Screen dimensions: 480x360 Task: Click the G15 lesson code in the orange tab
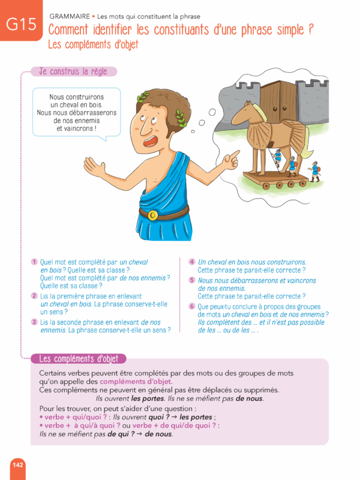coord(21,25)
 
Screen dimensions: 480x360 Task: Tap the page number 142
coord(17,464)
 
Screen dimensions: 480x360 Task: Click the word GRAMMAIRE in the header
coord(71,16)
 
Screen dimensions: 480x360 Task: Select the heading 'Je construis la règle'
coord(73,71)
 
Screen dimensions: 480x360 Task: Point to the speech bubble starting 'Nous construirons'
coord(76,113)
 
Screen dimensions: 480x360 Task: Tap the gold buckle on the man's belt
coord(154,214)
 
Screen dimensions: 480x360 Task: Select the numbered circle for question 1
coord(35,262)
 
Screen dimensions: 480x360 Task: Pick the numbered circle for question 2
coord(35,296)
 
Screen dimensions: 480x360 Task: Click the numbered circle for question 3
coord(35,322)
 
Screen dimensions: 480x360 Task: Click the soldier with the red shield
coord(314,171)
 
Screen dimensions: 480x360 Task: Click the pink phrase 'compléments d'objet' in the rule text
coord(136,382)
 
